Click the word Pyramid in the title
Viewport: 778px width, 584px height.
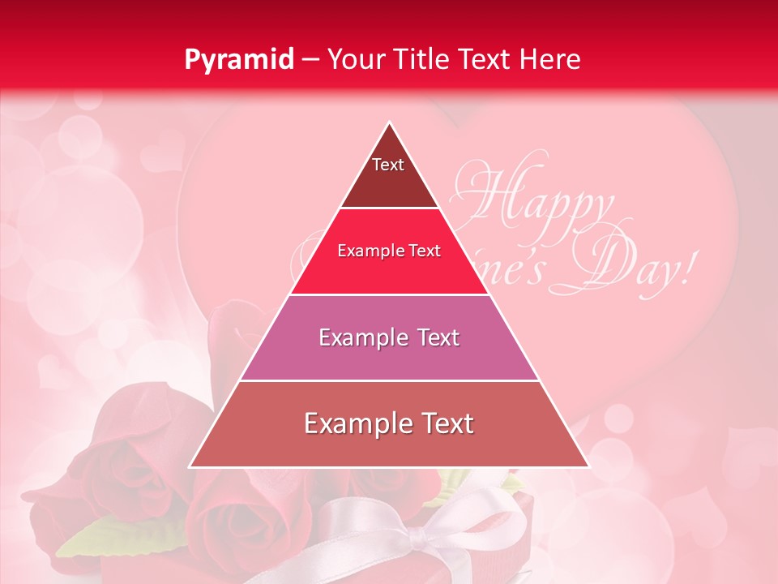(239, 60)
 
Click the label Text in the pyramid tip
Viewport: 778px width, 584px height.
(388, 165)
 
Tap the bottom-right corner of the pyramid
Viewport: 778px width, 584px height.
(588, 466)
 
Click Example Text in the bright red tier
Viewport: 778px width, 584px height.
(389, 251)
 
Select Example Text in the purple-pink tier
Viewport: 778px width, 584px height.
(389, 337)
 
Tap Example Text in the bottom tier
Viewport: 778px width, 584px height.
(389, 423)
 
